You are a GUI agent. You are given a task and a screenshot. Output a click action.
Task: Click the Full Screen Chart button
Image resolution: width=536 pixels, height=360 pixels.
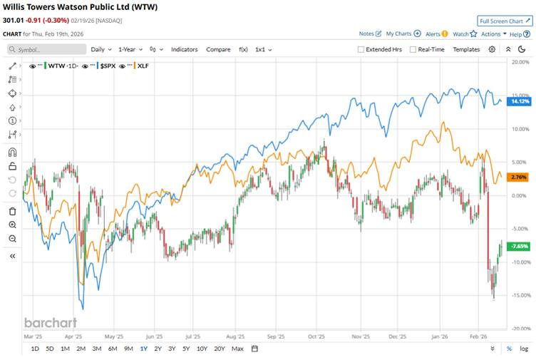(x=505, y=21)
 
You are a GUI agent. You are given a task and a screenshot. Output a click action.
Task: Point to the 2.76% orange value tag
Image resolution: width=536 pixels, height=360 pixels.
(x=519, y=176)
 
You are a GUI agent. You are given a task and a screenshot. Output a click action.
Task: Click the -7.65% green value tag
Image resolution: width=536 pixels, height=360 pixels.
(x=520, y=246)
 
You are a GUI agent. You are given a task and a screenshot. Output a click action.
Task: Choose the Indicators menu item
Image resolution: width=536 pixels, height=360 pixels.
(x=184, y=49)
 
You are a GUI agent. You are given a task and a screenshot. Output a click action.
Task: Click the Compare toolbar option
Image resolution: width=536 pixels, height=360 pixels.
(x=218, y=49)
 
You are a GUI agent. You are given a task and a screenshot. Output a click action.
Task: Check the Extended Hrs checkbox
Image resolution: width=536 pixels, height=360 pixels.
(x=361, y=49)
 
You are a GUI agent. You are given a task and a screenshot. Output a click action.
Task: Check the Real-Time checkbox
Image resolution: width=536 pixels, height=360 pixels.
(x=413, y=49)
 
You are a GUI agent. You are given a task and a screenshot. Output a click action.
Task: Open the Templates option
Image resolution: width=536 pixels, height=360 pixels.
(x=466, y=49)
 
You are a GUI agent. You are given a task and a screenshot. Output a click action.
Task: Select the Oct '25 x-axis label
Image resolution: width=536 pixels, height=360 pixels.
(x=316, y=336)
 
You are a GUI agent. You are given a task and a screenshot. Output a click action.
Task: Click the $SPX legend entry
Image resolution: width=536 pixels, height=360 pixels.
(x=108, y=66)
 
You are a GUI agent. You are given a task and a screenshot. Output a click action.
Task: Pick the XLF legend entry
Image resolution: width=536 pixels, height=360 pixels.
(x=142, y=66)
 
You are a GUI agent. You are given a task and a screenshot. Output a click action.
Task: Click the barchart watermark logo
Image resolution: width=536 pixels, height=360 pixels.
(x=49, y=322)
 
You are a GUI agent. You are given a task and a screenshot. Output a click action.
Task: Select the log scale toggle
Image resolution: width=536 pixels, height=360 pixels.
(x=524, y=349)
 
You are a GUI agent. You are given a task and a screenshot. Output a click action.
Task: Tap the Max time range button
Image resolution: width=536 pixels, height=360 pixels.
(x=237, y=349)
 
